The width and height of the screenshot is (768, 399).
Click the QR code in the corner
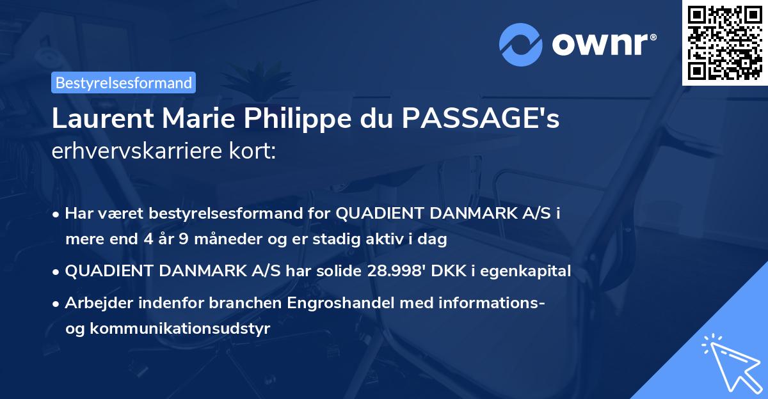click(725, 42)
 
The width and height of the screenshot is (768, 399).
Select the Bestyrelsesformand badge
click(124, 82)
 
